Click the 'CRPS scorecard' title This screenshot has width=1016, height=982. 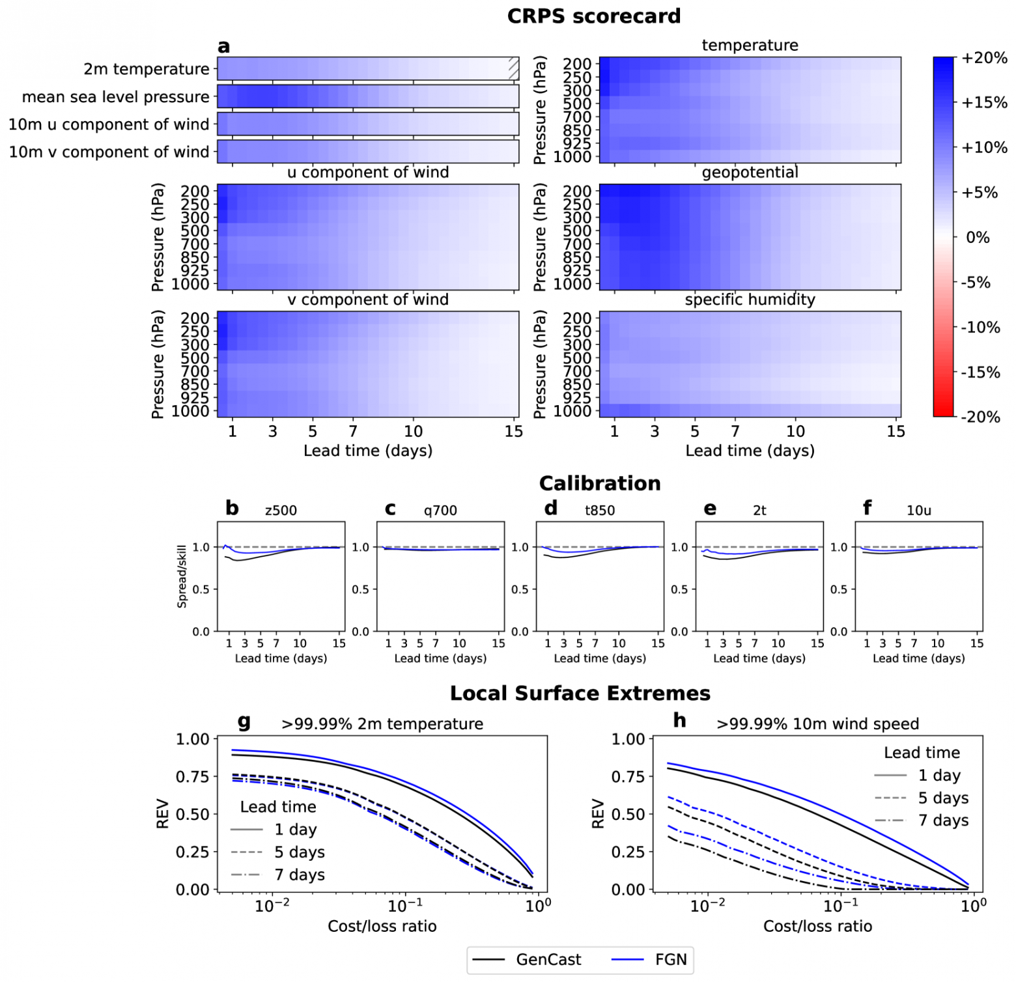click(593, 16)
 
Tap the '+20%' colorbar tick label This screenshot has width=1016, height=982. click(983, 59)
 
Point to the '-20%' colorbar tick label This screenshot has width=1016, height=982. click(980, 417)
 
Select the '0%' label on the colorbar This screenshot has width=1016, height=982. click(977, 238)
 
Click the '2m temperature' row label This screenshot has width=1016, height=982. click(147, 70)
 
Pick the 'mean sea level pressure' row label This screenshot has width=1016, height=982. click(116, 98)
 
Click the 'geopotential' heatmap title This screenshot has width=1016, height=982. click(750, 173)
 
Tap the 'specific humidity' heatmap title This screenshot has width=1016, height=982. click(750, 300)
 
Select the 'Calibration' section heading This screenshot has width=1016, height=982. click(599, 484)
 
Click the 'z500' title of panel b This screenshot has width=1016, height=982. click(281, 511)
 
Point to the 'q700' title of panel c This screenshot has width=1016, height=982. click(440, 511)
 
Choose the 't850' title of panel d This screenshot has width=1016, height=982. click(599, 511)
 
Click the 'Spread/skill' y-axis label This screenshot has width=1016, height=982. click(182, 576)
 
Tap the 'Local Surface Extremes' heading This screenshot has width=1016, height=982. click(580, 694)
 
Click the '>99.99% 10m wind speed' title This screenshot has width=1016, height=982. click(817, 724)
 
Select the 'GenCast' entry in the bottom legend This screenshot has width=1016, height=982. click(548, 960)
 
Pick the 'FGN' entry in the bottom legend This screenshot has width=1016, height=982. click(671, 960)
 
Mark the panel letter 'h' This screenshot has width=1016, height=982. click(679, 720)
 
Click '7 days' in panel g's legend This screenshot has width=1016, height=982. click(299, 875)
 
